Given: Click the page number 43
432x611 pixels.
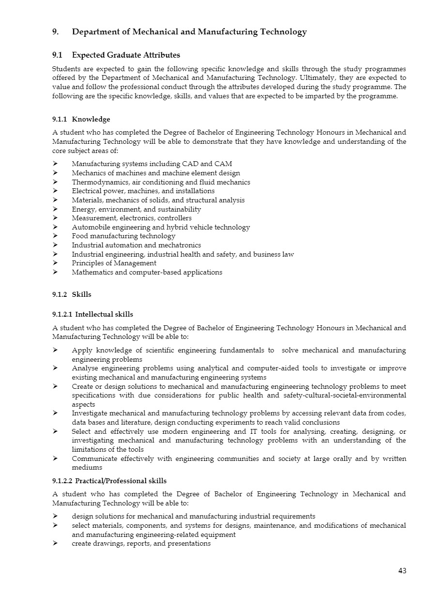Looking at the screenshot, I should pyautogui.click(x=402, y=571).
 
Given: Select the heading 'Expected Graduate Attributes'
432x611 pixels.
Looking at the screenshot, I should pyautogui.click(x=126, y=55).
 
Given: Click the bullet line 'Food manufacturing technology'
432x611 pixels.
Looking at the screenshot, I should pyautogui.click(x=123, y=236).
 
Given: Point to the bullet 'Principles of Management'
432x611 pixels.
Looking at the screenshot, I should pyautogui.click(x=114, y=263).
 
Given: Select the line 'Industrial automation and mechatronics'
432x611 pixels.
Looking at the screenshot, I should pyautogui.click(x=136, y=245).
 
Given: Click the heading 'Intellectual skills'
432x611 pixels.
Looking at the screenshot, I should pyautogui.click(x=104, y=314).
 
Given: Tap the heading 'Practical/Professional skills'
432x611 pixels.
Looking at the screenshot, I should pyautogui.click(x=121, y=481).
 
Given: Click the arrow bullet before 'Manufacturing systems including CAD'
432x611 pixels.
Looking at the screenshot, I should pyautogui.click(x=55, y=164).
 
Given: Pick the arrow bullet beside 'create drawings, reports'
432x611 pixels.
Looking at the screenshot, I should pyautogui.click(x=55, y=544).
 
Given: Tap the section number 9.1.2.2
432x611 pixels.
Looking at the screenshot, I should pyautogui.click(x=63, y=481).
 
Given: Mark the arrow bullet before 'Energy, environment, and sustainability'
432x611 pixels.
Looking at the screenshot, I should pyautogui.click(x=55, y=209).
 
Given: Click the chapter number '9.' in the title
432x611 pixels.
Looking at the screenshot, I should pyautogui.click(x=56, y=32).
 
